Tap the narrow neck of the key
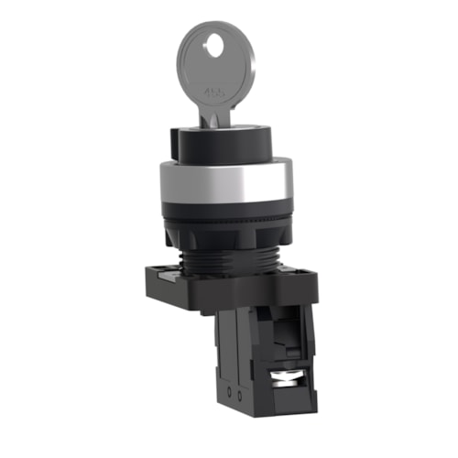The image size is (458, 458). tap(216, 116)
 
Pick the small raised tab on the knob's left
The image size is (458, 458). tap(175, 140)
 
